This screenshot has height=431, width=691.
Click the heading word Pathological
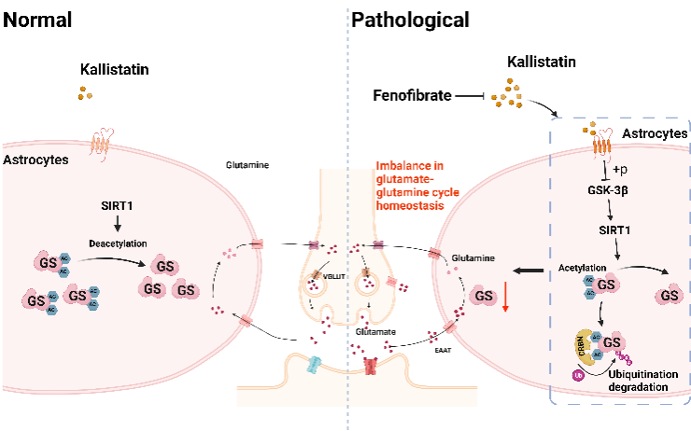click(x=412, y=18)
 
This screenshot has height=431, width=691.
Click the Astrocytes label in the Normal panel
click(x=36, y=160)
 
